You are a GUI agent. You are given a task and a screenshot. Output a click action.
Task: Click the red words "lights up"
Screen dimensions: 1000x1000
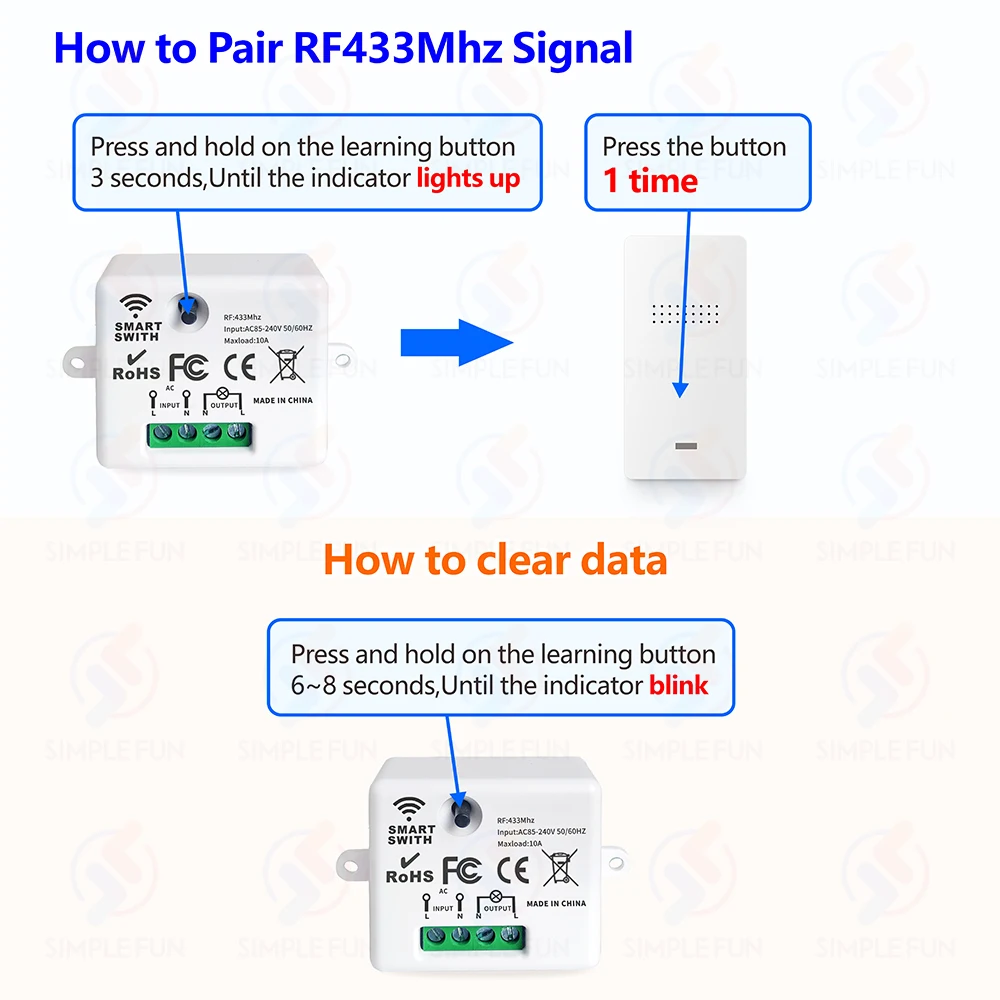click(468, 180)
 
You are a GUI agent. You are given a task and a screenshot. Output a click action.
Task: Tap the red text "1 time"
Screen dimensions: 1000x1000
click(649, 181)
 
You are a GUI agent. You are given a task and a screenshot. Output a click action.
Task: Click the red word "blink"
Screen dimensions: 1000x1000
click(678, 686)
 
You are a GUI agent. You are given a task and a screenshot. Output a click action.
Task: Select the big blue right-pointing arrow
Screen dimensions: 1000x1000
click(455, 343)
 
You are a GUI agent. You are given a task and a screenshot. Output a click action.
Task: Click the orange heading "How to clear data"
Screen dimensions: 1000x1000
click(495, 560)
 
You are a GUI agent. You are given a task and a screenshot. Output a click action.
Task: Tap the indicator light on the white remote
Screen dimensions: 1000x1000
click(687, 446)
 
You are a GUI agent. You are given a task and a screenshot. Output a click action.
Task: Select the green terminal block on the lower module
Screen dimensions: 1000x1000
click(472, 937)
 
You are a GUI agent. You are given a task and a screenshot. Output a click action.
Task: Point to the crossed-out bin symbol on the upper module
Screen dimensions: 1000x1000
click(288, 363)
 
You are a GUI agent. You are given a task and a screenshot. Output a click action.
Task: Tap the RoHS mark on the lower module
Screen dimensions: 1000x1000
click(409, 874)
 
